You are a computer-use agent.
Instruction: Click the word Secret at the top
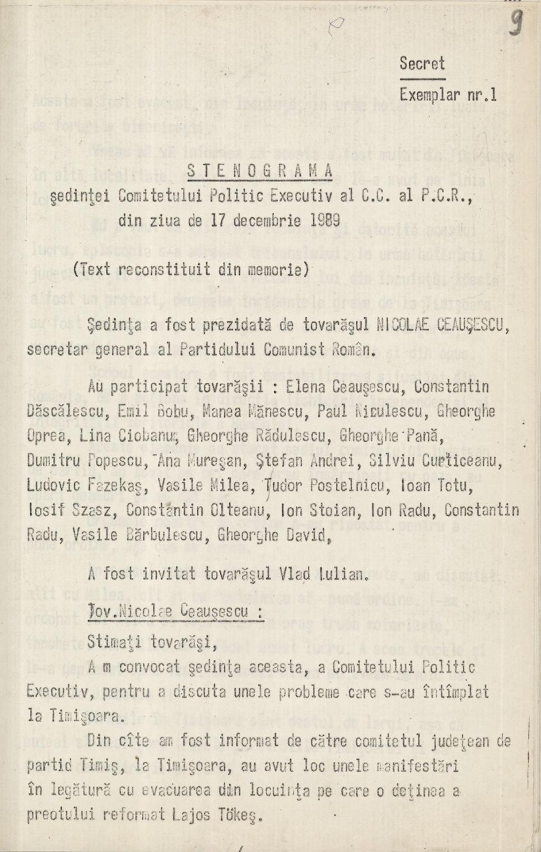[422, 64]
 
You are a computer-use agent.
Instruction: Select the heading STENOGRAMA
[260, 171]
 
